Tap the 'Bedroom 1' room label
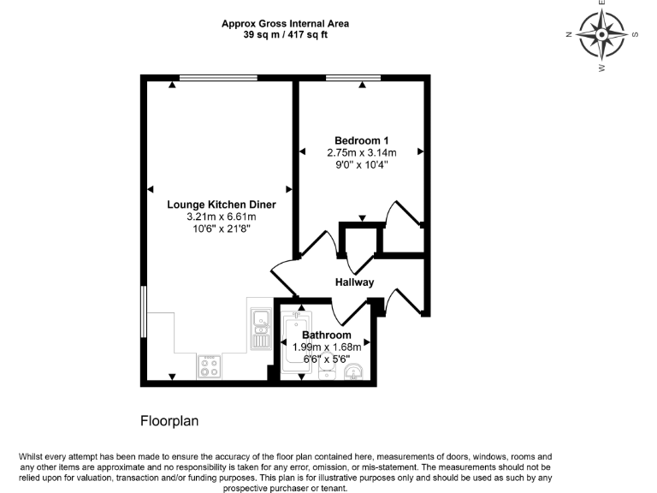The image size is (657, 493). [361, 140]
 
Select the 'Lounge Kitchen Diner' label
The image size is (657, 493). [221, 205]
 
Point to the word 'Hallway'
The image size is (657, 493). [354, 282]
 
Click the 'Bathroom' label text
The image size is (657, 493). [326, 335]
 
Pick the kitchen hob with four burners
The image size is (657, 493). [210, 365]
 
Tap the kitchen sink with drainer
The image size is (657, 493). [260, 329]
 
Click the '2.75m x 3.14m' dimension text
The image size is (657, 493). [361, 152]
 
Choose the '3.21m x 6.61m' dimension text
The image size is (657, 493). [221, 217]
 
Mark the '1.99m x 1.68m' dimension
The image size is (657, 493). [326, 347]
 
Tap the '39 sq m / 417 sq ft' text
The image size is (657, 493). [285, 35]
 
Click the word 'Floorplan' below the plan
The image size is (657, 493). [169, 421]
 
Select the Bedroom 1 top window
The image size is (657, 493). [353, 78]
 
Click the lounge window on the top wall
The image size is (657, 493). [218, 78]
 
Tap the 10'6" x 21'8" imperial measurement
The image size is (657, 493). [221, 229]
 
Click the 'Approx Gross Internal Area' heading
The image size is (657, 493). [285, 24]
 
